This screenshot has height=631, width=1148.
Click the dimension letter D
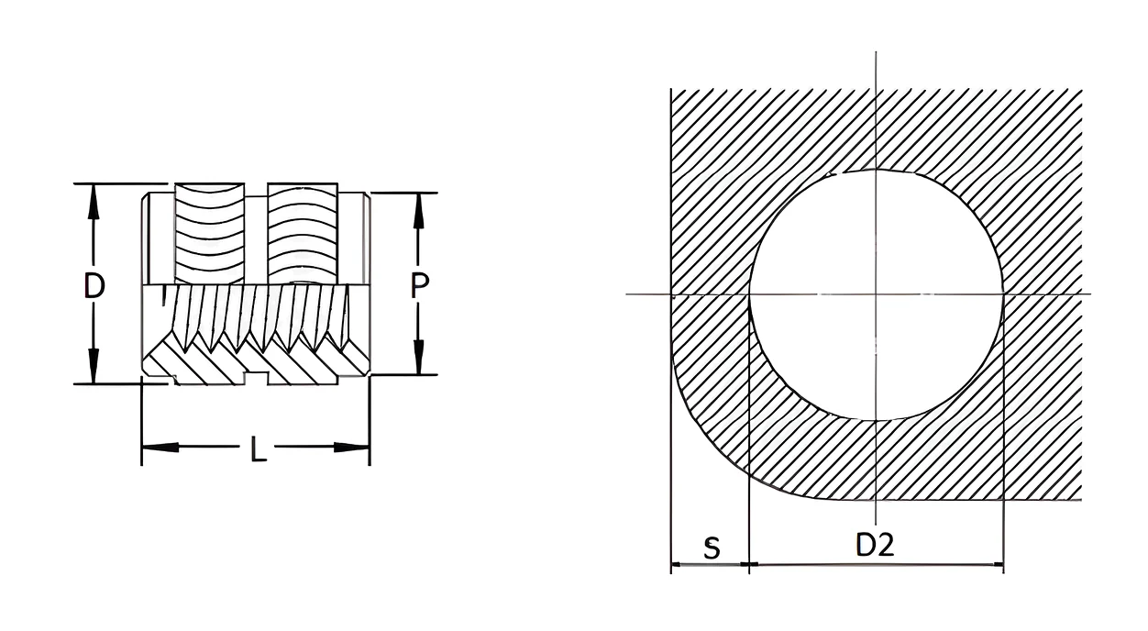point(94,285)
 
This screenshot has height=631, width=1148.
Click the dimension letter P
point(419,285)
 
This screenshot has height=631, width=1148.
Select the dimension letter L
point(259,448)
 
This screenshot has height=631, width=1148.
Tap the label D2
point(875,545)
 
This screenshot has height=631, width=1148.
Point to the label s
point(712,548)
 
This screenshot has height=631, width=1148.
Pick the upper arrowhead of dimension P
point(419,211)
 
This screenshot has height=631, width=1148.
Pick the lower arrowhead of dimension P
point(419,357)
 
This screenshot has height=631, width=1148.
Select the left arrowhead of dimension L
point(160,448)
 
